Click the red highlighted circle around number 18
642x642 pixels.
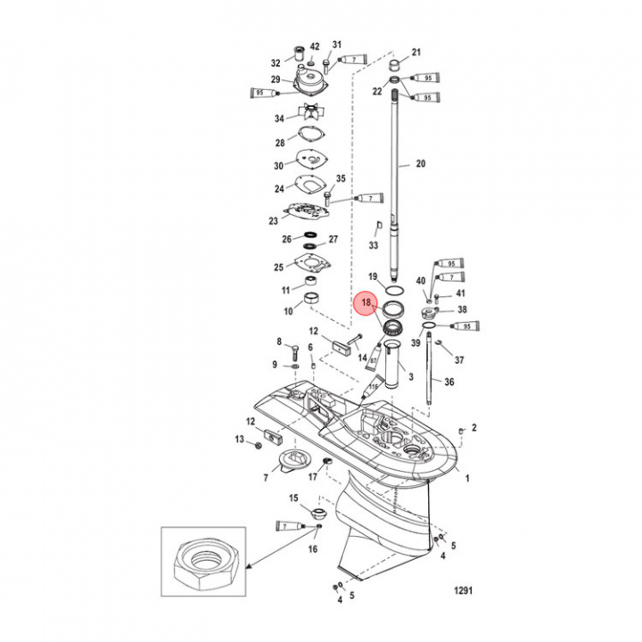[366, 304]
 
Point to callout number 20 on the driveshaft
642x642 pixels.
[421, 163]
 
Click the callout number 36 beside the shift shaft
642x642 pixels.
[449, 382]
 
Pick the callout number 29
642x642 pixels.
[276, 80]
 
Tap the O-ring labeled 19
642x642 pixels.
[393, 290]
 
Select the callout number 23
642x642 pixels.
[274, 220]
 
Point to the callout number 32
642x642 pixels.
[276, 62]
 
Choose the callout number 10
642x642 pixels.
[288, 311]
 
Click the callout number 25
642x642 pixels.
[278, 267]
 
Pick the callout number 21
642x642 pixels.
[416, 52]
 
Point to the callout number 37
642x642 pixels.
[459, 360]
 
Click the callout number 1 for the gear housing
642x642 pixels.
[468, 478]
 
